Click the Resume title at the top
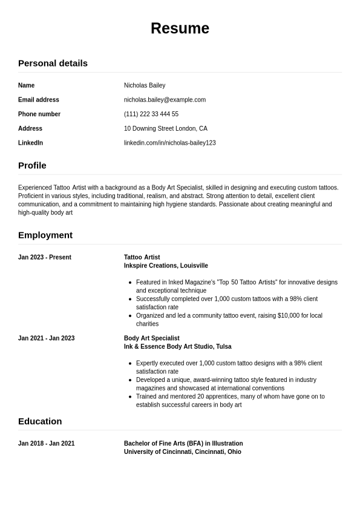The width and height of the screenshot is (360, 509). (x=180, y=28)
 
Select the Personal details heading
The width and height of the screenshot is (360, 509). (x=53, y=63)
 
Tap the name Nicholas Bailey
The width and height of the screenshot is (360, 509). (x=145, y=85)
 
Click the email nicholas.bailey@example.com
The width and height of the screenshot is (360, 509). (x=165, y=100)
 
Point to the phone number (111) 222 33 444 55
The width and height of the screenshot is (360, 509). (x=151, y=114)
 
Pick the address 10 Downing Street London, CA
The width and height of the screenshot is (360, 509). (x=166, y=128)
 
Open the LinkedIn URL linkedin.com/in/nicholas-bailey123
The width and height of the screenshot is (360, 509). (x=170, y=143)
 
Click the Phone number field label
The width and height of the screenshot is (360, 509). (x=39, y=114)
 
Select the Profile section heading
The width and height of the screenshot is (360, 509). (x=32, y=165)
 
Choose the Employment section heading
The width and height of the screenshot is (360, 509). (x=45, y=235)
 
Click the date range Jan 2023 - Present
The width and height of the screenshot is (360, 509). (x=45, y=257)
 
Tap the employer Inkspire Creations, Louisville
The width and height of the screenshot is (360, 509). (x=166, y=266)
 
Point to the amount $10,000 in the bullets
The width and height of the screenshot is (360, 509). (x=293, y=315)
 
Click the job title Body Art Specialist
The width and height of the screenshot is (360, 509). (x=152, y=338)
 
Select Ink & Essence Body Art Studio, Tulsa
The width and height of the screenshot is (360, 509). (x=178, y=347)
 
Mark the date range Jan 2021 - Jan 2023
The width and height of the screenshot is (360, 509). (x=47, y=338)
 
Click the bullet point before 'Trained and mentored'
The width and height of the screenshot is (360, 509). (x=130, y=396)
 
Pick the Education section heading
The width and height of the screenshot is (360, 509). (x=40, y=421)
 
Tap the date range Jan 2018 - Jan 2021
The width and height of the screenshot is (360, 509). (x=47, y=444)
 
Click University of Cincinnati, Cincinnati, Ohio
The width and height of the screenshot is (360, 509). (x=183, y=452)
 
